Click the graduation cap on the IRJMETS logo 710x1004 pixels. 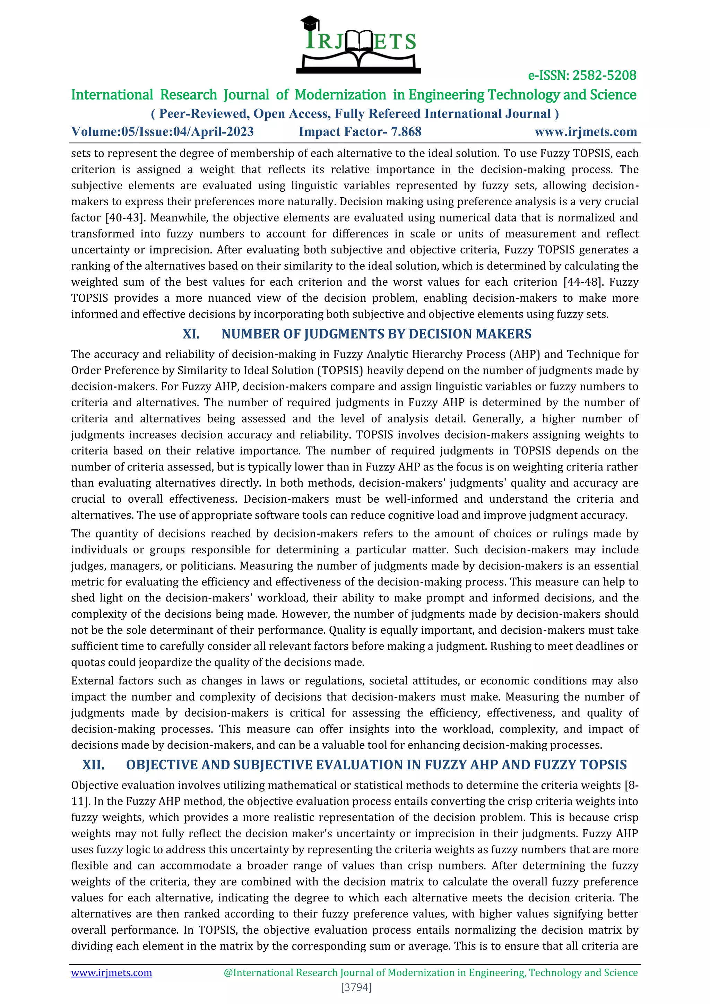pyautogui.click(x=310, y=23)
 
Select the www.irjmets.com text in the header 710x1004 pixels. pyautogui.click(x=586, y=132)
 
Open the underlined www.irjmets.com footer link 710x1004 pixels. pyautogui.click(x=112, y=972)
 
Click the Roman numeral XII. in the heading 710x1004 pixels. pyautogui.click(x=94, y=765)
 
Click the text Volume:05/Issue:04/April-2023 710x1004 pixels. pyautogui.click(x=162, y=132)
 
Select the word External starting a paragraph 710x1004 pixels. pyautogui.click(x=92, y=681)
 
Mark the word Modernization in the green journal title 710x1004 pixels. pyautogui.click(x=340, y=95)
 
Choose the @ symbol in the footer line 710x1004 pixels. pyautogui.click(x=228, y=972)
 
